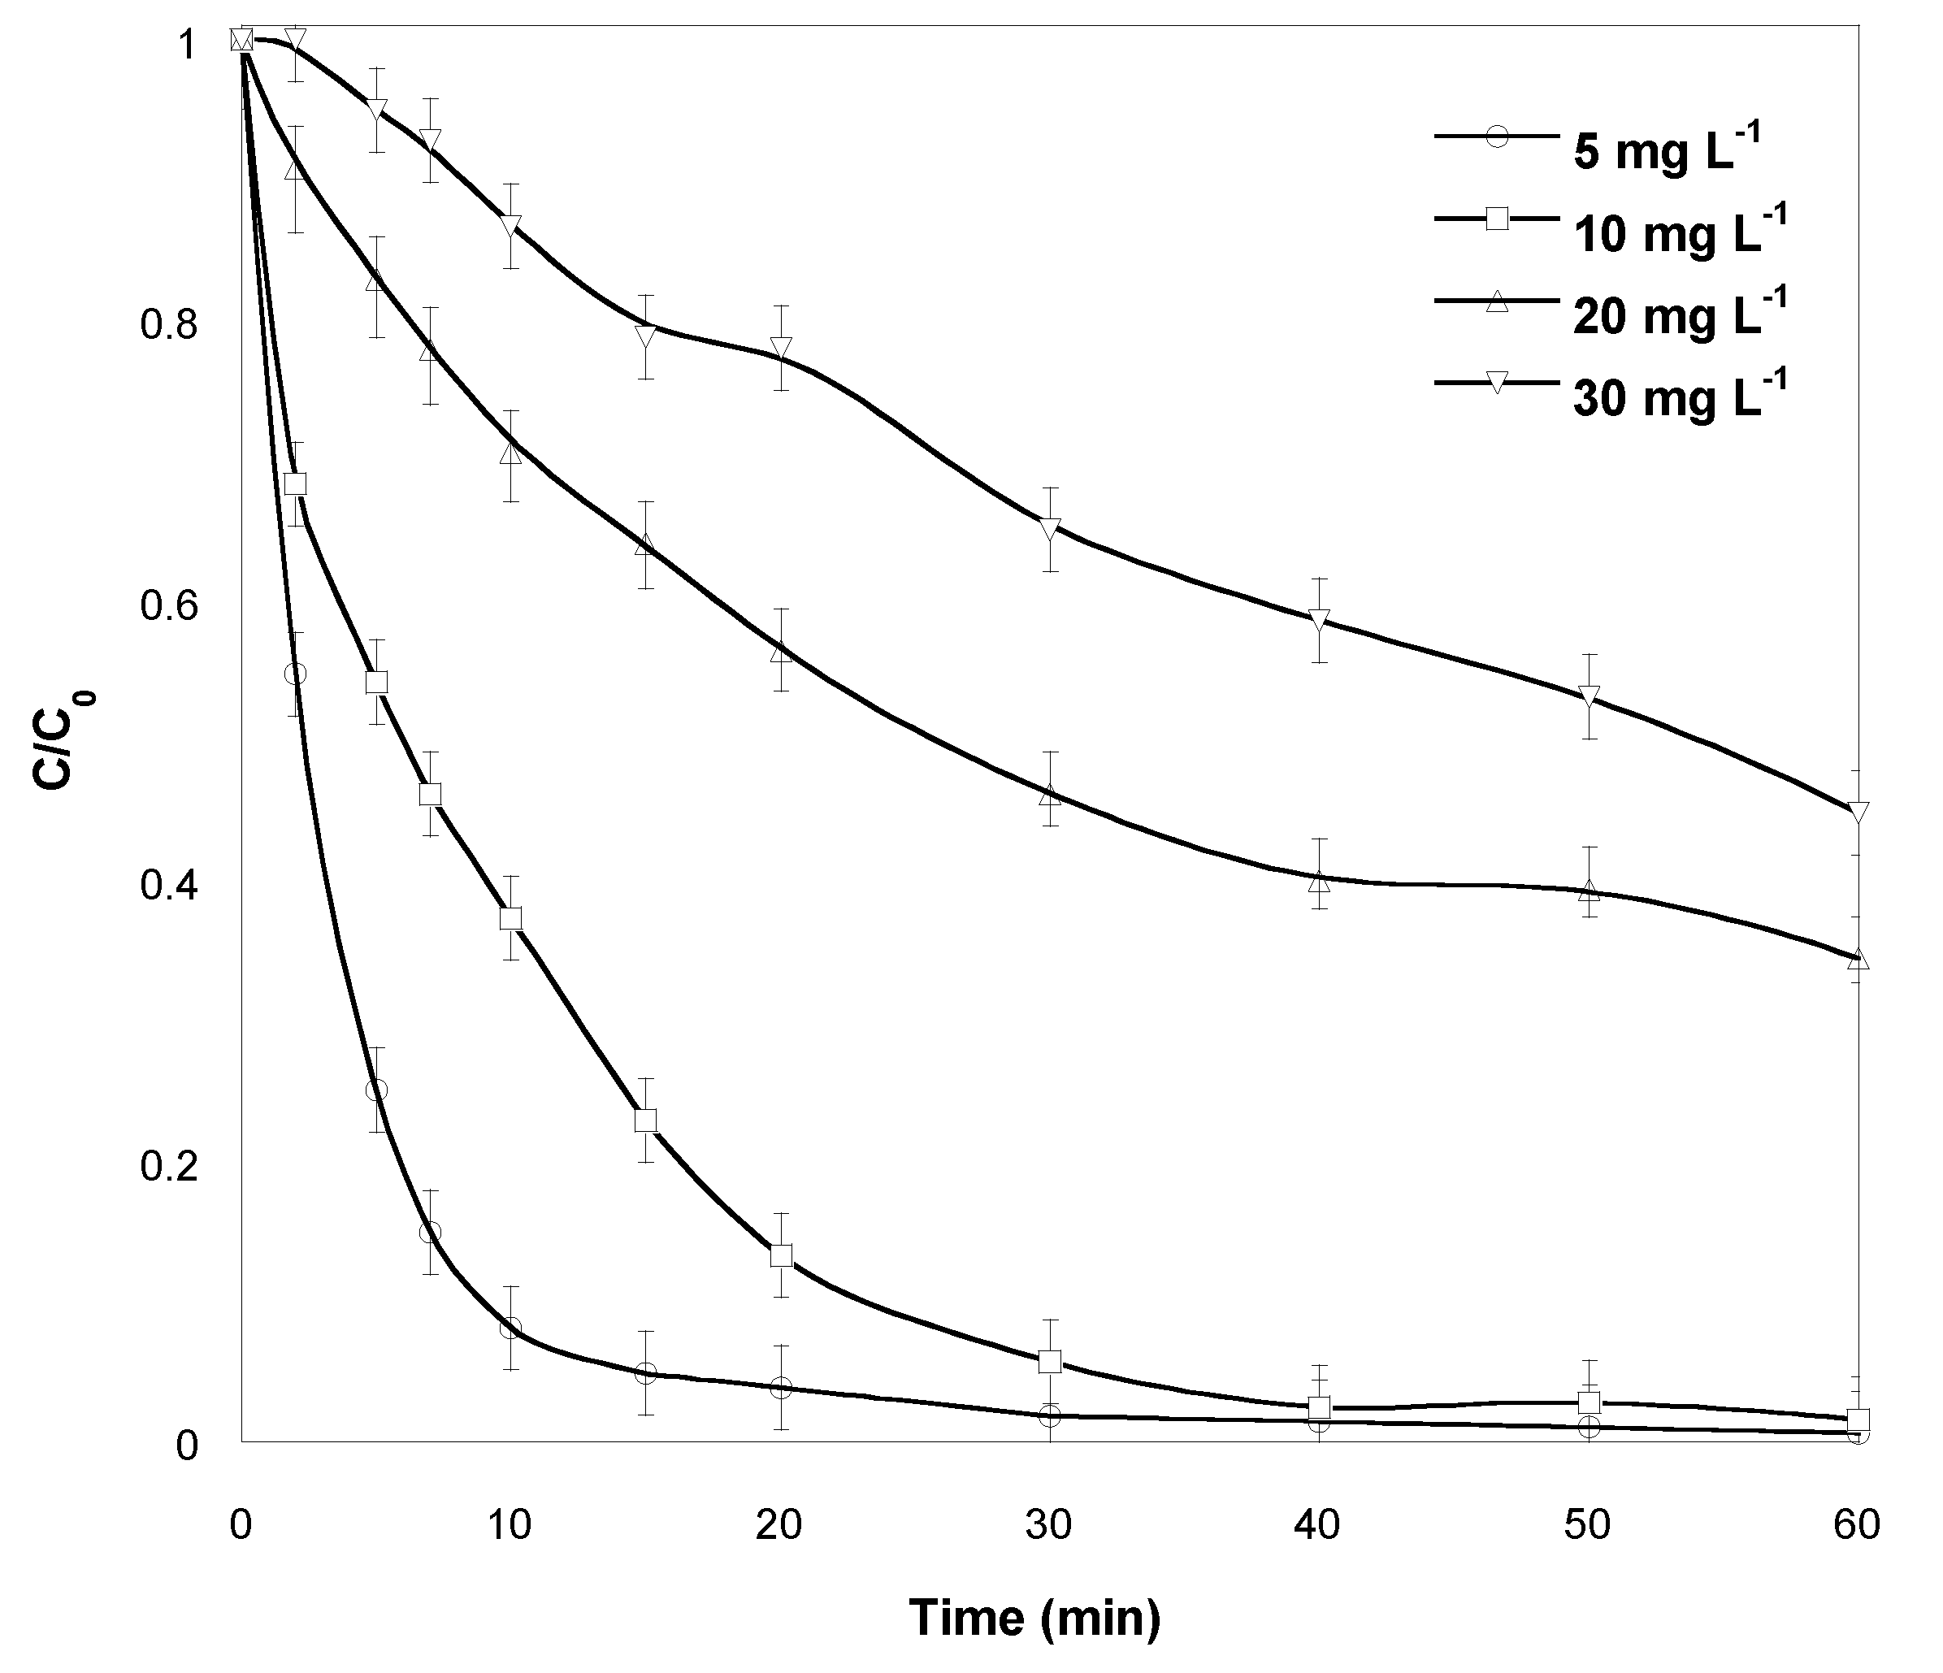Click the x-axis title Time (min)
pos(1034,1618)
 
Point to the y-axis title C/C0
pos(68,741)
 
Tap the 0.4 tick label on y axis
pos(168,886)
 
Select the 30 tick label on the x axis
pos(1049,1527)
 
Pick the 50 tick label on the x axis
pos(1588,1527)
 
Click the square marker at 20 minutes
pos(781,1255)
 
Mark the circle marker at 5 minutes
pos(377,1090)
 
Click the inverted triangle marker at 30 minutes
pos(1050,527)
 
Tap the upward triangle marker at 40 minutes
pos(1320,882)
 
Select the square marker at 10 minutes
pos(511,918)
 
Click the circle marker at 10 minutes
pos(511,1328)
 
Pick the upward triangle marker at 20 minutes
pos(781,652)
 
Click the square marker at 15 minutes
pos(645,1120)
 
